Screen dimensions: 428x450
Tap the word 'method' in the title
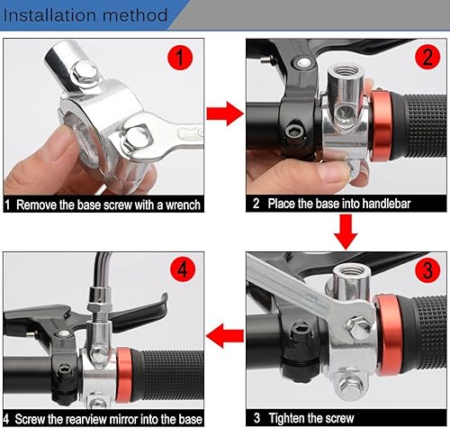pos(132,15)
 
